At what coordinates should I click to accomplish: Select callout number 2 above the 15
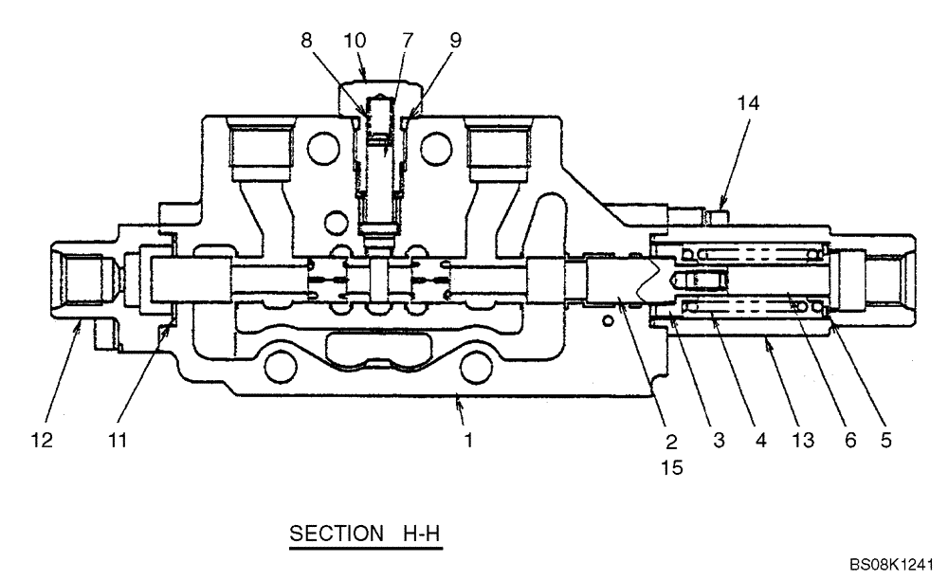point(669,441)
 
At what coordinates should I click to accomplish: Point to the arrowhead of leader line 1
point(458,400)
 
